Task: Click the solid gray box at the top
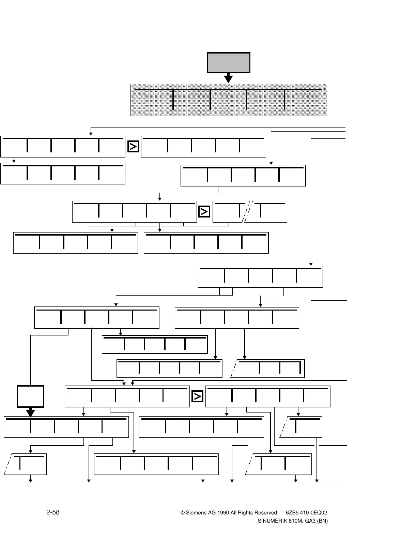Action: (229, 63)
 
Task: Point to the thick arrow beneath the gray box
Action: (228, 78)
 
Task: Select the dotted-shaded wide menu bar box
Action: (229, 100)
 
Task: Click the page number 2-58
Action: (53, 512)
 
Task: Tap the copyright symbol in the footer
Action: (182, 513)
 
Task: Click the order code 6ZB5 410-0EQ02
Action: (307, 513)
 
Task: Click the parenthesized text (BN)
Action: (322, 521)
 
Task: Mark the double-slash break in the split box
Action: (248, 211)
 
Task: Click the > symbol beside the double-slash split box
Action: (204, 212)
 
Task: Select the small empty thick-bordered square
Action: (31, 396)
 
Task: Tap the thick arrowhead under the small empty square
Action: (31, 413)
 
